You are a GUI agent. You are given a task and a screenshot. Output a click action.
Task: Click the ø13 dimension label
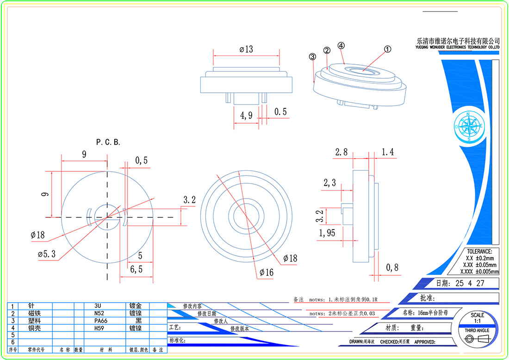246,49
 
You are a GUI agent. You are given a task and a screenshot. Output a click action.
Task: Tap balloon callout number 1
388,48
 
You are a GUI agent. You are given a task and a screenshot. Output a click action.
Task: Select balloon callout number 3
312,56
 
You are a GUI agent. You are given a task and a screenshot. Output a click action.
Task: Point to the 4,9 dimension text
246,115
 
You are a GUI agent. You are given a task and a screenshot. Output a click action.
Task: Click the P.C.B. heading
108,143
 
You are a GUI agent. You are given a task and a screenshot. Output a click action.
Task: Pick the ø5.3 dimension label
47,255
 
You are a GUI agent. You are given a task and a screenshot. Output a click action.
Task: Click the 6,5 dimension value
136,268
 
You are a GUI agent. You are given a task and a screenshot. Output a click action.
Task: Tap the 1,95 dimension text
327,233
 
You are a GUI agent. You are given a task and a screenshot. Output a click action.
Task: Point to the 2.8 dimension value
341,152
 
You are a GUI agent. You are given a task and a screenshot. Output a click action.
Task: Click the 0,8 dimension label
392,267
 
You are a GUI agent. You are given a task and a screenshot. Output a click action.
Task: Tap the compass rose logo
469,126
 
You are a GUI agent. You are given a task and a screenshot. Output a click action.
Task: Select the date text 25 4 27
470,283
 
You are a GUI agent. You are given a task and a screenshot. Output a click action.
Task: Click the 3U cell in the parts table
98,306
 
